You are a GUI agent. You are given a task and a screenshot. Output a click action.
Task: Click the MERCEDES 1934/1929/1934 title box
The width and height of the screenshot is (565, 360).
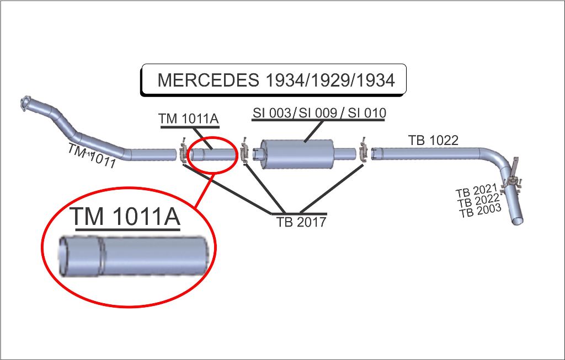click(274, 80)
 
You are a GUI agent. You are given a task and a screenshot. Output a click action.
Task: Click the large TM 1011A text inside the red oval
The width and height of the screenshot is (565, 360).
click(125, 217)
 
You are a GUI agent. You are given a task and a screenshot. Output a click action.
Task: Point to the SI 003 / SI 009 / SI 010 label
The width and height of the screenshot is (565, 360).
click(319, 113)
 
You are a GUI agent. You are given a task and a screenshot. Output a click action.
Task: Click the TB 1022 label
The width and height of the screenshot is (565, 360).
click(433, 141)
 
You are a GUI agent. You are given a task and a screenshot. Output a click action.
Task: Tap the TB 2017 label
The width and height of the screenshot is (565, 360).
click(301, 222)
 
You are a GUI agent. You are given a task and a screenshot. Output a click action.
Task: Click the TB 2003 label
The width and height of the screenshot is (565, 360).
click(480, 210)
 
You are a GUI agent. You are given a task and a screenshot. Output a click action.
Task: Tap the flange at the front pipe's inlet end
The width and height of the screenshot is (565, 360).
click(25, 103)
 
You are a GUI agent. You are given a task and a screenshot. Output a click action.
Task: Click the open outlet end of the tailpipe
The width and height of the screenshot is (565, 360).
click(516, 221)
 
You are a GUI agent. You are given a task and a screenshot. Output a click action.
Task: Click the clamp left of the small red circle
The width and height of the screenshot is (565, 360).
click(183, 152)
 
